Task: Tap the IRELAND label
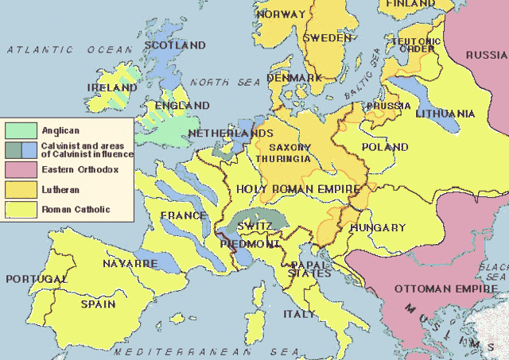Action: (x=113, y=87)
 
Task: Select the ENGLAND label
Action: (x=183, y=106)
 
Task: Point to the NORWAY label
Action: (x=281, y=14)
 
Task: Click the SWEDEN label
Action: (x=327, y=38)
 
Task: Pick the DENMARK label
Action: (x=294, y=78)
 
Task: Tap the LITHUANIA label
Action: (x=445, y=114)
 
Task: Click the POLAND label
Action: (x=384, y=148)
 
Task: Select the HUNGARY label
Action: (x=378, y=228)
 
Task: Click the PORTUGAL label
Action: (x=36, y=280)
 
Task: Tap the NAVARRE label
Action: (x=129, y=263)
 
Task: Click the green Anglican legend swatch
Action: (x=21, y=129)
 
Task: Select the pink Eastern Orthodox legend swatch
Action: (x=21, y=169)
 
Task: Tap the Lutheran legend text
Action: (x=60, y=190)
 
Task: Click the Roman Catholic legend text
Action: (x=76, y=210)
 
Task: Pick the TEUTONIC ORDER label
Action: (x=415, y=45)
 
